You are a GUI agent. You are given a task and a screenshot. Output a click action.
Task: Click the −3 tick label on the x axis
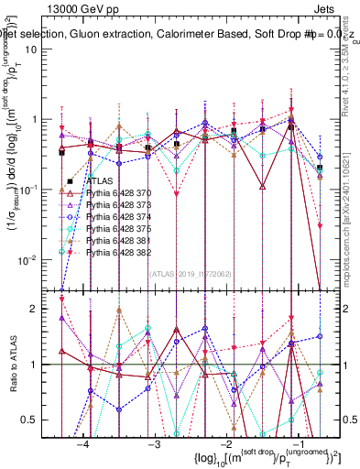(153, 443)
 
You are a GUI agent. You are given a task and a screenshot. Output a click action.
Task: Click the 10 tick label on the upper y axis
(41, 49)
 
